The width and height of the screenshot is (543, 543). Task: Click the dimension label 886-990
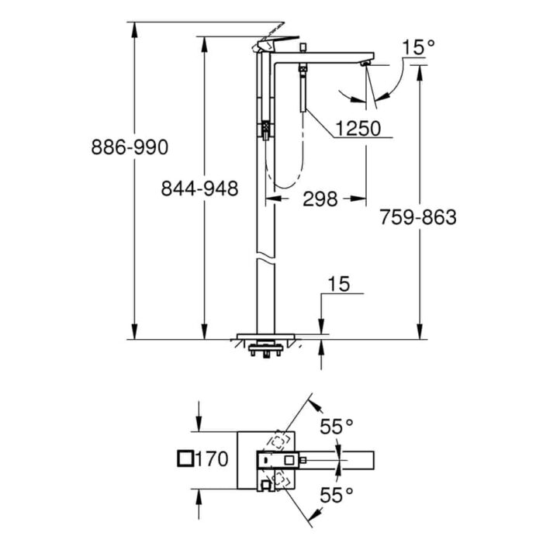point(130,147)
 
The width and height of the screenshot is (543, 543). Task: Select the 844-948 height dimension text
point(200,188)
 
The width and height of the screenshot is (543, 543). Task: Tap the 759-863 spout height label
point(418,217)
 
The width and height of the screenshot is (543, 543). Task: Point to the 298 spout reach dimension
point(320,199)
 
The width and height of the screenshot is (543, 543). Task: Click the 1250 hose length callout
point(358,129)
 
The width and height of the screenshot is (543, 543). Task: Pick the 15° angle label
point(418,47)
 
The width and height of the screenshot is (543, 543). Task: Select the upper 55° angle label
point(336,427)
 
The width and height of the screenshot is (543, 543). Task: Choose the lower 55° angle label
point(336,495)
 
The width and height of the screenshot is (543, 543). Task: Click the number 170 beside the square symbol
point(212,459)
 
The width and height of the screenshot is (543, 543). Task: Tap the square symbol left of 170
point(185,459)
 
